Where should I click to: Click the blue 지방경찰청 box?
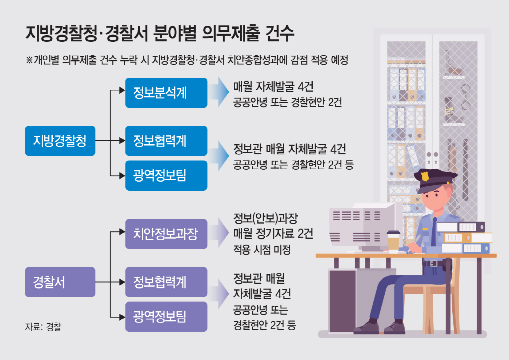tap(60, 141)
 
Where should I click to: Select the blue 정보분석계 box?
tap(166, 93)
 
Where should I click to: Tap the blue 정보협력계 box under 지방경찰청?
tap(166, 141)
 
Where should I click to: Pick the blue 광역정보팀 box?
tap(166, 175)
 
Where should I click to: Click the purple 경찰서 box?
tap(60, 282)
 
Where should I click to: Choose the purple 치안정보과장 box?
tap(166, 234)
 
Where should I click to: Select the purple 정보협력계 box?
tap(166, 282)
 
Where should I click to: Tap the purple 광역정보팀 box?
tap(166, 316)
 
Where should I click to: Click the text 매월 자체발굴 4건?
tap(273, 87)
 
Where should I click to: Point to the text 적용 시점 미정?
tap(262, 250)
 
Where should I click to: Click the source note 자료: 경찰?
tap(43, 327)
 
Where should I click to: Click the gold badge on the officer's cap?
tap(424, 176)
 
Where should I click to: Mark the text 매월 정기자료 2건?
tap(273, 234)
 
